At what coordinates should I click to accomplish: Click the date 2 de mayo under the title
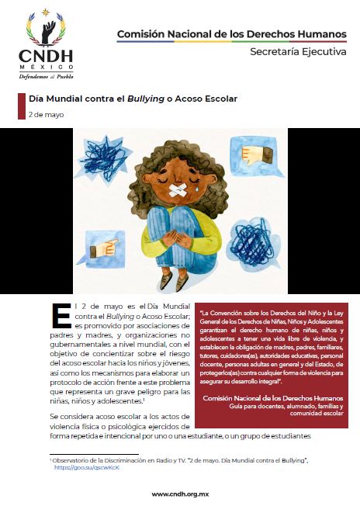tap(46, 114)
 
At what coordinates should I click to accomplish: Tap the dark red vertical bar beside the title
tap(21, 106)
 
